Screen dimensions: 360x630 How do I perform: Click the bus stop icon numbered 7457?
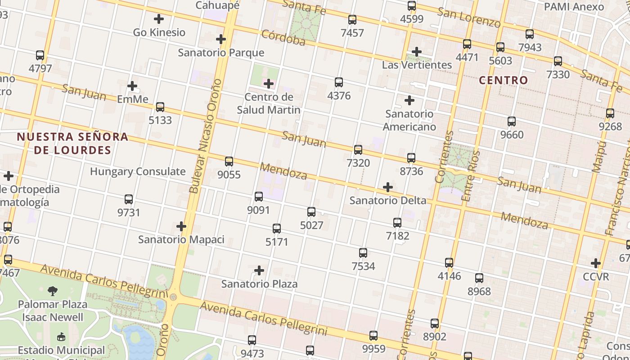pyautogui.click(x=352, y=20)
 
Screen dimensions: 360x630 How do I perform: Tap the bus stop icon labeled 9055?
pyautogui.click(x=229, y=162)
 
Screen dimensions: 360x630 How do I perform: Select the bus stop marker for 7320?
pyautogui.click(x=358, y=150)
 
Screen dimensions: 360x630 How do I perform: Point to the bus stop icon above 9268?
pyautogui.click(x=610, y=113)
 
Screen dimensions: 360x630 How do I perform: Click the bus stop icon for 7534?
pyautogui.click(x=363, y=253)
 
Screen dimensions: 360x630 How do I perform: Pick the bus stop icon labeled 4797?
pyautogui.click(x=40, y=55)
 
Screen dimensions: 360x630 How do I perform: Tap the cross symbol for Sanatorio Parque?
pyautogui.click(x=220, y=39)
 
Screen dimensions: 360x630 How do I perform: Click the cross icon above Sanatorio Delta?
pyautogui.click(x=387, y=187)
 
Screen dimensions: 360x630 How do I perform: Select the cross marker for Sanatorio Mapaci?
pyautogui.click(x=181, y=226)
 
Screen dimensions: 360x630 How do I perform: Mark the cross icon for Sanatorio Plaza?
pyautogui.click(x=259, y=270)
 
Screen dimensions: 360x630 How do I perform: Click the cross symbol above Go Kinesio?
pyautogui.click(x=159, y=19)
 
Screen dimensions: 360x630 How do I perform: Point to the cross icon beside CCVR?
pyautogui.click(x=596, y=263)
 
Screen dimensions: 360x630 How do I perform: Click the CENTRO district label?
pyautogui.click(x=503, y=81)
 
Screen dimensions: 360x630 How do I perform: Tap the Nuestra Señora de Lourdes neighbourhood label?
pyautogui.click(x=72, y=144)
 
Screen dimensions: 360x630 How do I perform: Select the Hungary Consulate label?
pyautogui.click(x=138, y=171)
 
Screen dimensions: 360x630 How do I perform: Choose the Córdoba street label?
pyautogui.click(x=283, y=38)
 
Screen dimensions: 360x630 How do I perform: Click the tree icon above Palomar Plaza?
pyautogui.click(x=53, y=291)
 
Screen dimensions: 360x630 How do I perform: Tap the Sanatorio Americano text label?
pyautogui.click(x=409, y=120)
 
